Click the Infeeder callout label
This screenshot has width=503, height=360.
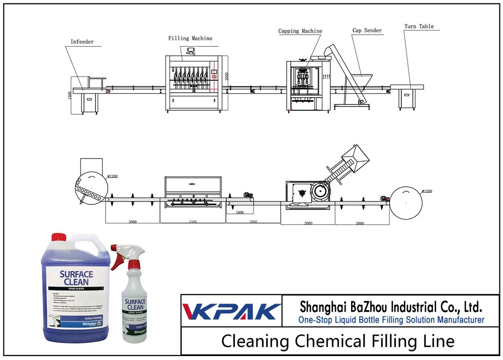82,42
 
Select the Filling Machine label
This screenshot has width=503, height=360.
190,38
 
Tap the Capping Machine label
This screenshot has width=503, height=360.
300,31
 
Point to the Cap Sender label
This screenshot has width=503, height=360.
367,30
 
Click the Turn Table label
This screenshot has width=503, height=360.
419,26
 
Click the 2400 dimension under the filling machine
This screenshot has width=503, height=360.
193,221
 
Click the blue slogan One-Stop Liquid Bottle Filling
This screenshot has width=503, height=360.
391,320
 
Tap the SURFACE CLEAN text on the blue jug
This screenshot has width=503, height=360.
76,278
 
